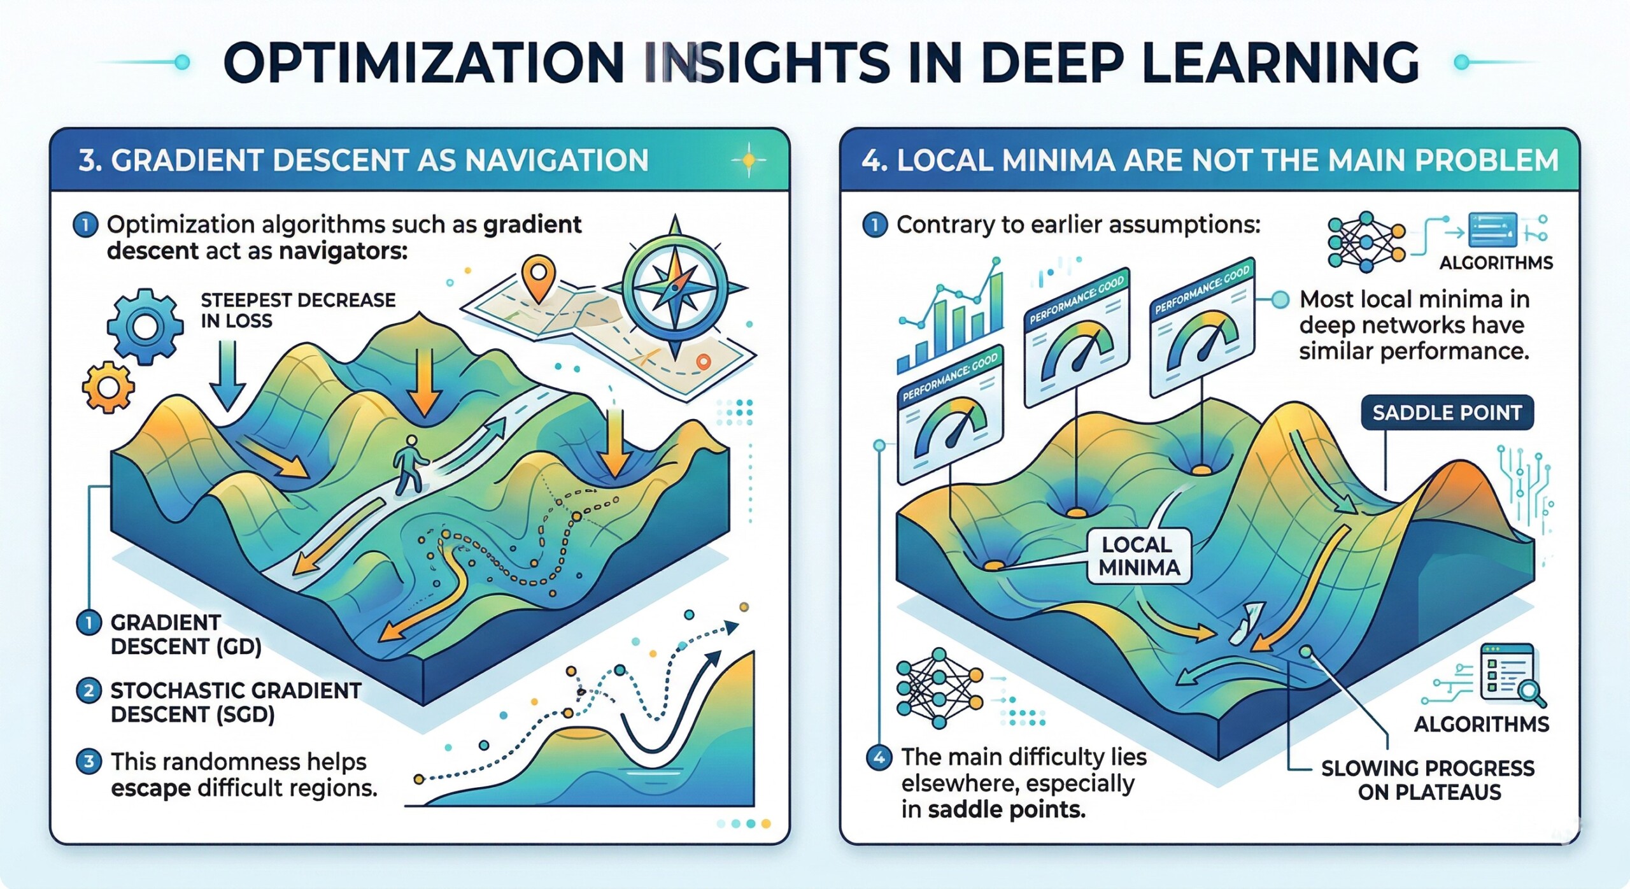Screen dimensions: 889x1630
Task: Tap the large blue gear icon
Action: coord(145,327)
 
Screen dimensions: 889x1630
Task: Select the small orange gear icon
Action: coord(108,387)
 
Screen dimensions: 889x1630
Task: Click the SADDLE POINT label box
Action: coord(1447,413)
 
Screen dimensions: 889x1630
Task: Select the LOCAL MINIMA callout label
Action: coord(1138,556)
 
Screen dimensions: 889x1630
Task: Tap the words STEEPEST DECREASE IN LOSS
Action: coord(297,310)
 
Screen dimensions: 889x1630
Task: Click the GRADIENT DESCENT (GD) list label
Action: coord(185,634)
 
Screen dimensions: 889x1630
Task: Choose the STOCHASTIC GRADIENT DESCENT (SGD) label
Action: coord(235,702)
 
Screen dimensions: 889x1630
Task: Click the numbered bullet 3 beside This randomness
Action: coord(89,761)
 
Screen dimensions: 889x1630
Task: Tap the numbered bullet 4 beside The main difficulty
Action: coord(879,758)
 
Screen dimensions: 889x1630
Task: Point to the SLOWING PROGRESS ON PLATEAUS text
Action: coord(1428,780)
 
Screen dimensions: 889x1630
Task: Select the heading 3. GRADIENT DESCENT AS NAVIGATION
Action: coord(364,160)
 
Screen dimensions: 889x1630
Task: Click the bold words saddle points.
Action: coord(1006,810)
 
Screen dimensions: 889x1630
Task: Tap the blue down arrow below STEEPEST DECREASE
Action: coord(227,376)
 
